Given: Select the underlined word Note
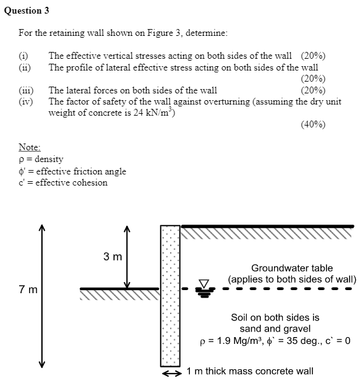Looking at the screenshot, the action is (x=30, y=148).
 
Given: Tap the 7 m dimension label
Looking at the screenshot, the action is (x=28, y=289).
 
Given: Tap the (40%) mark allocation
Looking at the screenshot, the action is (x=313, y=124).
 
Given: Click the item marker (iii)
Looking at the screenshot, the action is (x=26, y=90).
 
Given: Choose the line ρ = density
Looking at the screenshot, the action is (x=41, y=160).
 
